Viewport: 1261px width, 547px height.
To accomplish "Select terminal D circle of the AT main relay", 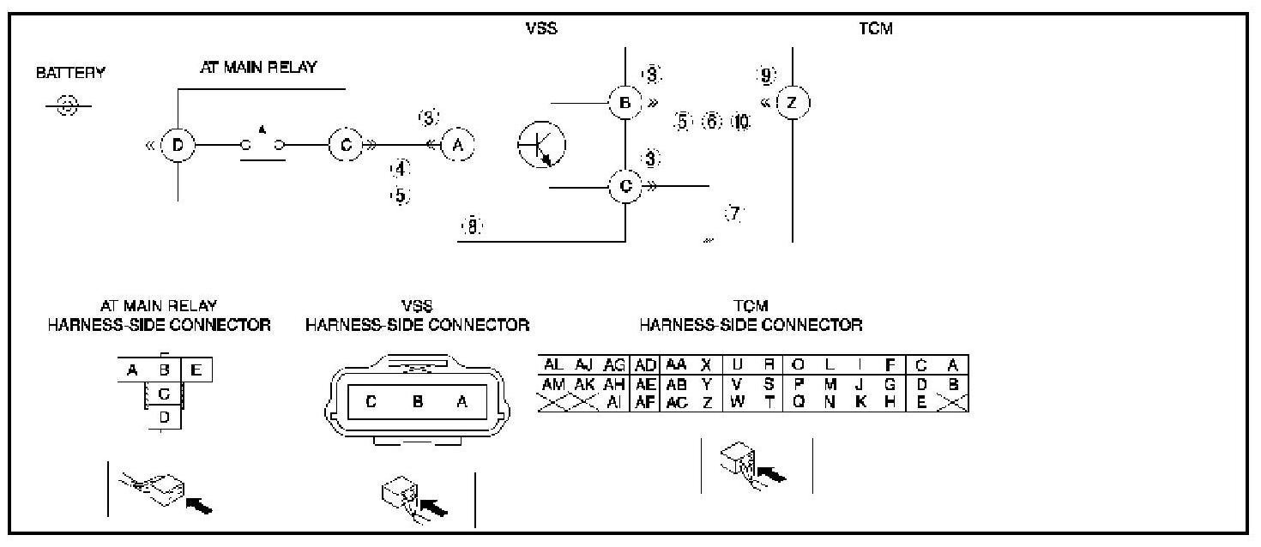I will (178, 146).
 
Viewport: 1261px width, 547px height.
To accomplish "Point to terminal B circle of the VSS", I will (625, 104).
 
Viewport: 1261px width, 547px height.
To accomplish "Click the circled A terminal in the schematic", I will (457, 146).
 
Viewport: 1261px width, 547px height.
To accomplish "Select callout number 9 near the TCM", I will (765, 75).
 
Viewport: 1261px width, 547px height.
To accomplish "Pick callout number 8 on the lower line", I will (472, 226).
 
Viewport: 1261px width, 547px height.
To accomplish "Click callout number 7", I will (733, 214).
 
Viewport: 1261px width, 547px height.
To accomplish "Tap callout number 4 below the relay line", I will (400, 169).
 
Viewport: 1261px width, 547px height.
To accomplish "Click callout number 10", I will (741, 122).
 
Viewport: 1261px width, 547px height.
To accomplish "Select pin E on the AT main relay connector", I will (196, 370).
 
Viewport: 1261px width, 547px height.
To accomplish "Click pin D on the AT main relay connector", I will (166, 417).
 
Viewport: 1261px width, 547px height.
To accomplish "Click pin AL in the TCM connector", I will (554, 364).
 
